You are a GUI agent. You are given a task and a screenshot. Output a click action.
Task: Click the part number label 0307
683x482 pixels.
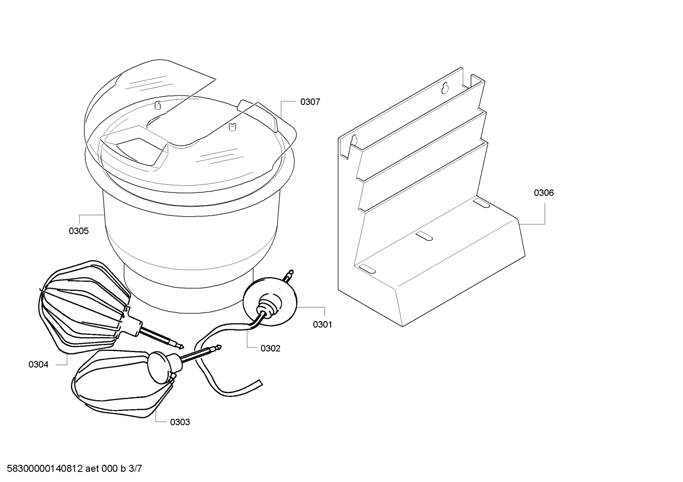(x=310, y=102)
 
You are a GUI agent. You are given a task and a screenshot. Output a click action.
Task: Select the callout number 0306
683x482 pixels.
(x=544, y=193)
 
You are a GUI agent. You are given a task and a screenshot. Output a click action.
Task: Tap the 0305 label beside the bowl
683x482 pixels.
(x=79, y=231)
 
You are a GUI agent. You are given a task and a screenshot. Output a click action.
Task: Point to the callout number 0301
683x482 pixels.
(x=322, y=324)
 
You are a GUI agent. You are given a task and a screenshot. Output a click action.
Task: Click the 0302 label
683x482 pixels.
(x=270, y=348)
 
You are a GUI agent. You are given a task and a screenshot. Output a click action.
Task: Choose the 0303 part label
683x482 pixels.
(x=180, y=422)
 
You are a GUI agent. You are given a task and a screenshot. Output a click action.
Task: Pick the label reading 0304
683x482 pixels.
(x=38, y=365)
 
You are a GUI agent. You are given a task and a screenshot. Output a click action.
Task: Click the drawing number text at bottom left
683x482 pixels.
(x=74, y=469)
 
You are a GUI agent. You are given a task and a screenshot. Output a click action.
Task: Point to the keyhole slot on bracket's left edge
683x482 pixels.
(x=355, y=140)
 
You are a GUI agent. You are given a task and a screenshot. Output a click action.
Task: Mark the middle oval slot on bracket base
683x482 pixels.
(x=424, y=236)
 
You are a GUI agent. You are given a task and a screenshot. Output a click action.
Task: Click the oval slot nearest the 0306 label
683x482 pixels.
(x=481, y=203)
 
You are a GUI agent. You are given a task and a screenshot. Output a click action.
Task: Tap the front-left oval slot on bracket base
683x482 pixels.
(x=367, y=269)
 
